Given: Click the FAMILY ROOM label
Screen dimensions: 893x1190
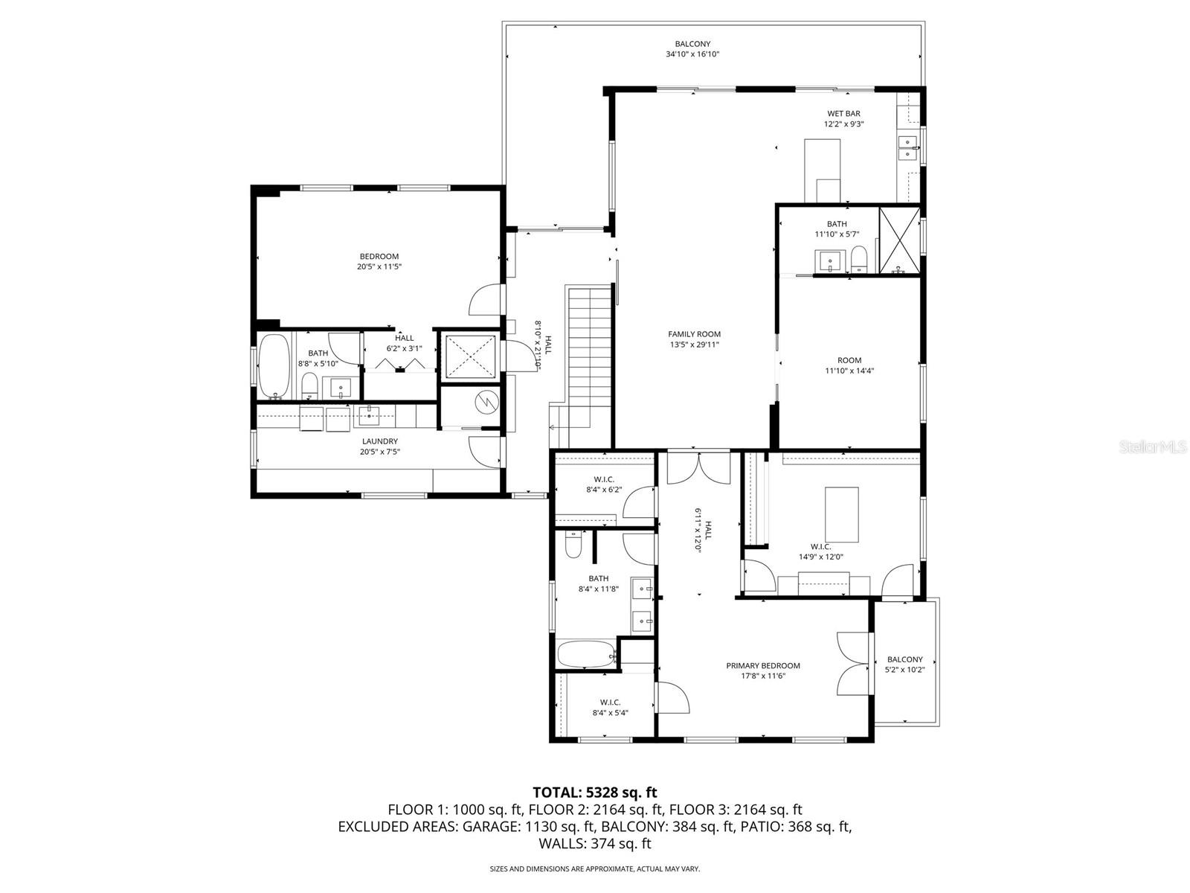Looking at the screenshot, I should [x=694, y=334].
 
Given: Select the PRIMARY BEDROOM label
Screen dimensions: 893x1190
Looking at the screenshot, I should [x=763, y=665].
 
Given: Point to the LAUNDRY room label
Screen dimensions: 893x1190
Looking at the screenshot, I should [x=379, y=441].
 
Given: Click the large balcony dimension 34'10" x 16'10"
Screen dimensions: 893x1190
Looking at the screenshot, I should [x=692, y=54].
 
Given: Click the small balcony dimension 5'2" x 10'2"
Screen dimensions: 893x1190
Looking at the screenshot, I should [x=904, y=670].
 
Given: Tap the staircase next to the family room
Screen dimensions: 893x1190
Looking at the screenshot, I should [x=589, y=357].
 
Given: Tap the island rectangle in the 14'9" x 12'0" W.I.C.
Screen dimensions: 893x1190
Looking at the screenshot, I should [x=841, y=514].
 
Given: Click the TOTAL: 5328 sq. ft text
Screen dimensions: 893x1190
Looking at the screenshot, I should [x=594, y=792].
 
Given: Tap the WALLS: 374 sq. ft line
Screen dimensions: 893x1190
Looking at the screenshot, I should [x=594, y=843].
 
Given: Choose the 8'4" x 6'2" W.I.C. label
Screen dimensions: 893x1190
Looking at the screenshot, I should [x=603, y=484].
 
